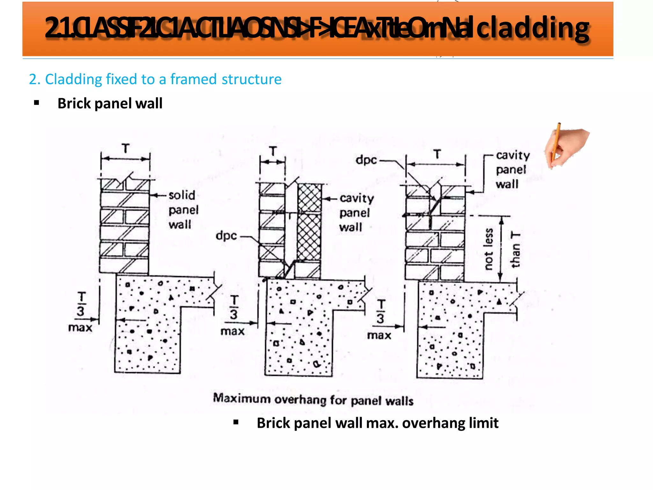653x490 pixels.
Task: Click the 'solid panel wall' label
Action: pyautogui.click(x=183, y=210)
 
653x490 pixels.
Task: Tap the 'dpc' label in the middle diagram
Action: pyautogui.click(x=226, y=236)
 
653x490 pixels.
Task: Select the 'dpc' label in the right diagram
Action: pyautogui.click(x=366, y=160)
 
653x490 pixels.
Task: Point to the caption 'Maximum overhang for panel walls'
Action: pyautogui.click(x=313, y=399)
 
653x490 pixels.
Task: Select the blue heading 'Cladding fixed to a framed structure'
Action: pyautogui.click(x=155, y=79)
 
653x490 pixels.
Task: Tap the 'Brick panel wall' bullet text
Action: pyautogui.click(x=110, y=103)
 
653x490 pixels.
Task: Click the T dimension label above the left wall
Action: pyautogui.click(x=126, y=149)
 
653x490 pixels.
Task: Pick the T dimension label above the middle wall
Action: pyautogui.click(x=273, y=151)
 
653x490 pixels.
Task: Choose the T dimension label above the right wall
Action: pyautogui.click(x=437, y=154)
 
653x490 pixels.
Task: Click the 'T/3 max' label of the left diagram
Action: pyautogui.click(x=80, y=312)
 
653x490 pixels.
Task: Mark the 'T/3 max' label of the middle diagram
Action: pyautogui.click(x=233, y=316)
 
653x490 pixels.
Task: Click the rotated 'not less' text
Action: pyautogui.click(x=488, y=249)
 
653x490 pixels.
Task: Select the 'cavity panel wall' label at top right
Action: pyautogui.click(x=512, y=170)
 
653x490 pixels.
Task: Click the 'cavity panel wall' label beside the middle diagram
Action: pyautogui.click(x=356, y=212)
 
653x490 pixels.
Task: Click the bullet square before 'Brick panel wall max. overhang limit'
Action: pyautogui.click(x=236, y=423)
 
